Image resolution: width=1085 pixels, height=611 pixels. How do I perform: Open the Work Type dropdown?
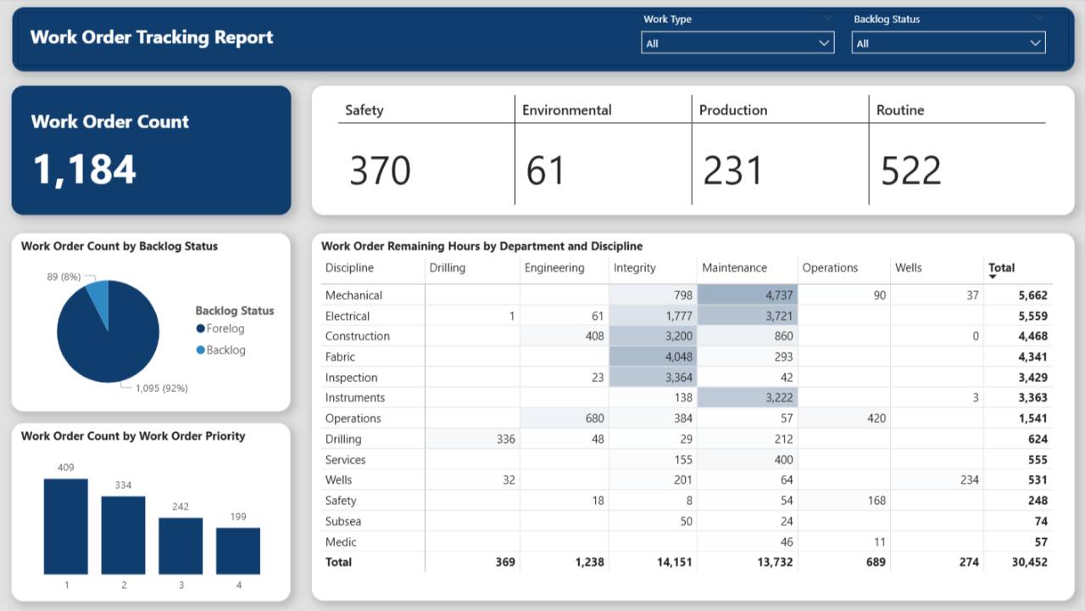point(737,42)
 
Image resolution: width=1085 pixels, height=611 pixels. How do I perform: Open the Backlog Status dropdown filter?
point(948,42)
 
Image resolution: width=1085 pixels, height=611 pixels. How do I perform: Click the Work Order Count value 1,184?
point(85,168)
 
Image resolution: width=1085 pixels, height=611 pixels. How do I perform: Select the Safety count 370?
point(381,171)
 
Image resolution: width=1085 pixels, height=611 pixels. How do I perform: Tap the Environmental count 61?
point(545,171)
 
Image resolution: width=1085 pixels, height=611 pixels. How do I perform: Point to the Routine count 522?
point(911,171)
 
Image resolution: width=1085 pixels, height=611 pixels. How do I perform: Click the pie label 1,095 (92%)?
point(161,388)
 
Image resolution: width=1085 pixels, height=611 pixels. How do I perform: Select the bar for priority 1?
point(66,526)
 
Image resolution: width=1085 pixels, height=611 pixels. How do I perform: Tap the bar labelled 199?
point(238,551)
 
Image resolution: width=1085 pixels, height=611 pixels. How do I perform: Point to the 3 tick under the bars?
point(181,586)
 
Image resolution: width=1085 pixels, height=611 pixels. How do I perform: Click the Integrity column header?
point(635,268)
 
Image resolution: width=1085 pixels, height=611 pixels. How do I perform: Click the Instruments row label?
point(355,398)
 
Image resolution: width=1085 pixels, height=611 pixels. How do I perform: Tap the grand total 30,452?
point(1028,562)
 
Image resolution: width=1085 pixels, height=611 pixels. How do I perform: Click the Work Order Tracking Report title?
point(152,37)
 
